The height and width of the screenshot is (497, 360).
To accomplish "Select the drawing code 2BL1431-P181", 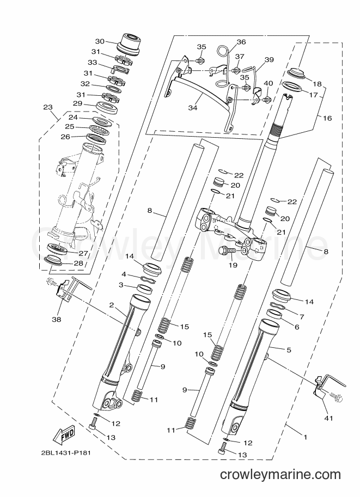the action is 66,452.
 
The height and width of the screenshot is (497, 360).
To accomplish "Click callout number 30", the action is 100,41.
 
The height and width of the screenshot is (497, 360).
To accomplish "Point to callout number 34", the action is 193,108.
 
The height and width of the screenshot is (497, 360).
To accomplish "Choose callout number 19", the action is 233,265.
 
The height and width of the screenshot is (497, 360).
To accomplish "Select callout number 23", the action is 47,107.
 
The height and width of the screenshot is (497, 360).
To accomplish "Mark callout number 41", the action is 328,419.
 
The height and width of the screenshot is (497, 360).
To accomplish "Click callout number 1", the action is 305,438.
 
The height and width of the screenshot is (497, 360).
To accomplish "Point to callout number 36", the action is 241,42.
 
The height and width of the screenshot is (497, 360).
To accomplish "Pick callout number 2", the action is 111,305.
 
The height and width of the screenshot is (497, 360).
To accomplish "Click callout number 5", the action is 289,350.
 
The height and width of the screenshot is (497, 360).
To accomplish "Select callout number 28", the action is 78,263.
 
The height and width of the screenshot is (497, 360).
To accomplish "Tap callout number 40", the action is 269,83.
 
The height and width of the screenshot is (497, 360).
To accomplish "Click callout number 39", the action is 269,59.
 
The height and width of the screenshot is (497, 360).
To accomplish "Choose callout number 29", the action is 78,103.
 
